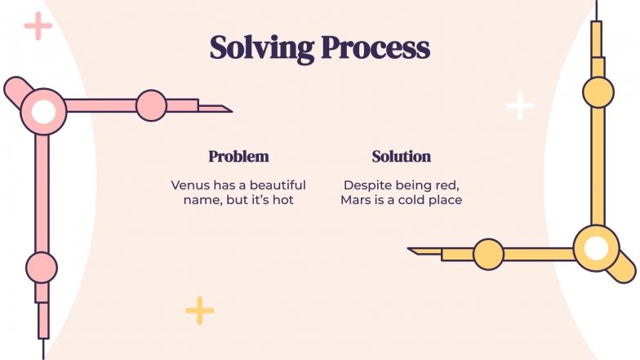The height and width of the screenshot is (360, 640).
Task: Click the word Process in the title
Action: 376,47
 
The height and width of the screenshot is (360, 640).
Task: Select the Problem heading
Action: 238,157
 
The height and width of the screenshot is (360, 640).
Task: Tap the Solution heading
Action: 402,157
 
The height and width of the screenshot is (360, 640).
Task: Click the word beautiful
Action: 278,185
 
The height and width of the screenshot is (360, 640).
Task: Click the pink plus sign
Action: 38,26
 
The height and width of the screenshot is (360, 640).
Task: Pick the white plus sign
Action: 520,105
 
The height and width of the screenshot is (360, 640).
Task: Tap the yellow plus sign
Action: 199,310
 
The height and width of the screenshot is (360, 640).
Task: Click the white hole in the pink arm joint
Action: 43,111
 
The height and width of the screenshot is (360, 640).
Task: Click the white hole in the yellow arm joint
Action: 596,248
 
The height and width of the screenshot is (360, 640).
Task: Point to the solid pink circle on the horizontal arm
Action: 151,106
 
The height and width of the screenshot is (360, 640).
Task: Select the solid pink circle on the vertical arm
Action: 42,268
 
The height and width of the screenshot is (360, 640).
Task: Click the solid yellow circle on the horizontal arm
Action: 488,255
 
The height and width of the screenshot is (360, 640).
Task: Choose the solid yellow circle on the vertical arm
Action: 598,92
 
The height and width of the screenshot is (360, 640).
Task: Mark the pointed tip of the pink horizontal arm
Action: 232,111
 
